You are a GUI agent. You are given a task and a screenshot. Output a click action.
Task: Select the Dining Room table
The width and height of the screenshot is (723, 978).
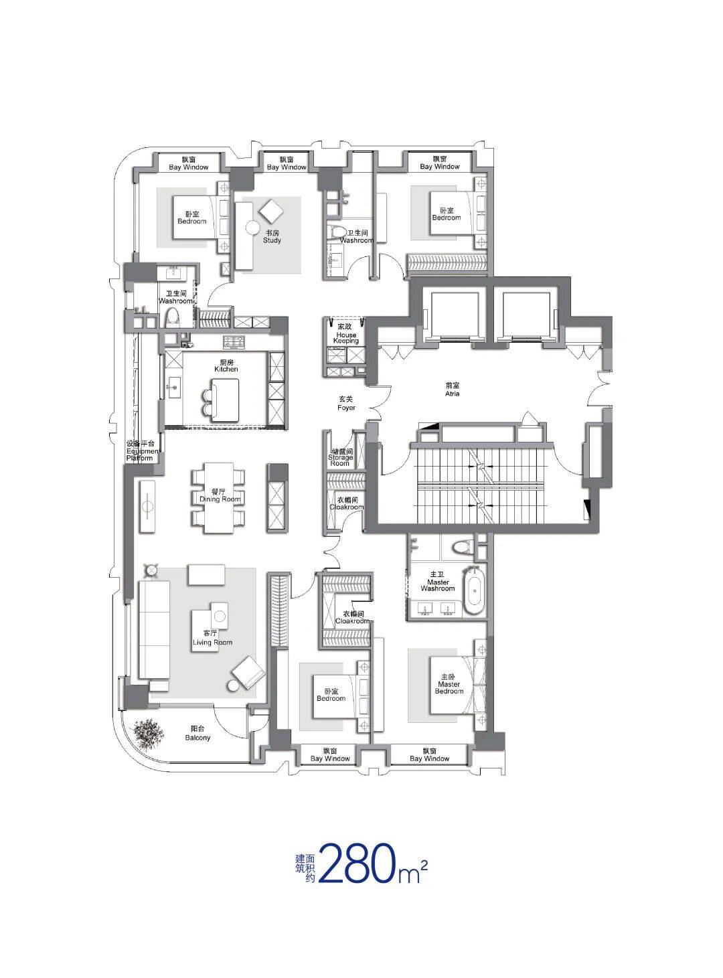pos(218,498)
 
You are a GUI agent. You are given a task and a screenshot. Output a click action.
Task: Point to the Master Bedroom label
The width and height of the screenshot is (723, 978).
pos(449,684)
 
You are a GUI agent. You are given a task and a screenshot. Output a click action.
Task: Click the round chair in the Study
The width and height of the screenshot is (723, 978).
pos(253,227)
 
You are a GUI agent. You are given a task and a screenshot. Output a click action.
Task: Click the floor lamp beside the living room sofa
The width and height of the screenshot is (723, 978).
pos(151,570)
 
